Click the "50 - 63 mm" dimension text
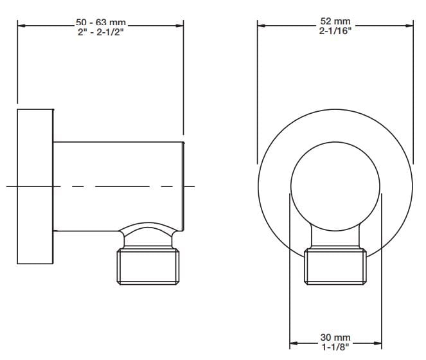[x=101, y=22]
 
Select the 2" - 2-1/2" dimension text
[x=101, y=32]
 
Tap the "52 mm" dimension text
[x=335, y=21]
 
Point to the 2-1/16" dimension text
[x=335, y=31]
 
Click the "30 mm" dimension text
[x=335, y=337]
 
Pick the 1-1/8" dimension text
[x=335, y=347]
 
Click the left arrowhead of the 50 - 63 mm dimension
[x=21, y=26]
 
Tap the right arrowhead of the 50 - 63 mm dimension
[x=179, y=26]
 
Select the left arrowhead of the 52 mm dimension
[x=262, y=26]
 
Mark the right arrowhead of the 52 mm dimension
[x=409, y=26]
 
